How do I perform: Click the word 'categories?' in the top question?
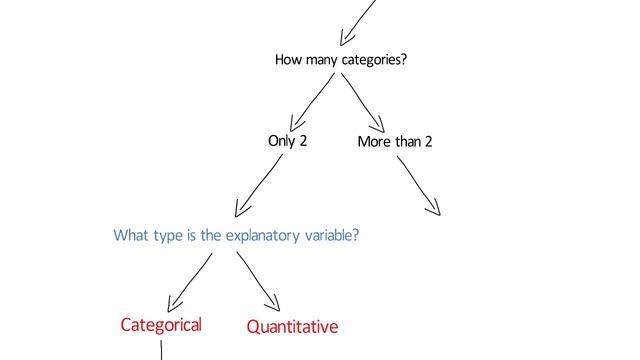(374, 62)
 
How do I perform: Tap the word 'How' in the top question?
(288, 61)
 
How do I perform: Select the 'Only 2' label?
(287, 140)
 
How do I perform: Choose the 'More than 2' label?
(395, 142)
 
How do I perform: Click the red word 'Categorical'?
(160, 324)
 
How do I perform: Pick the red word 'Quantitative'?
(292, 327)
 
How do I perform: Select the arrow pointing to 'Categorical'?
(190, 281)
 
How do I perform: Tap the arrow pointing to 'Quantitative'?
(257, 279)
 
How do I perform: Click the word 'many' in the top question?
(321, 62)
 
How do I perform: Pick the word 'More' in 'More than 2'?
(374, 142)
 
